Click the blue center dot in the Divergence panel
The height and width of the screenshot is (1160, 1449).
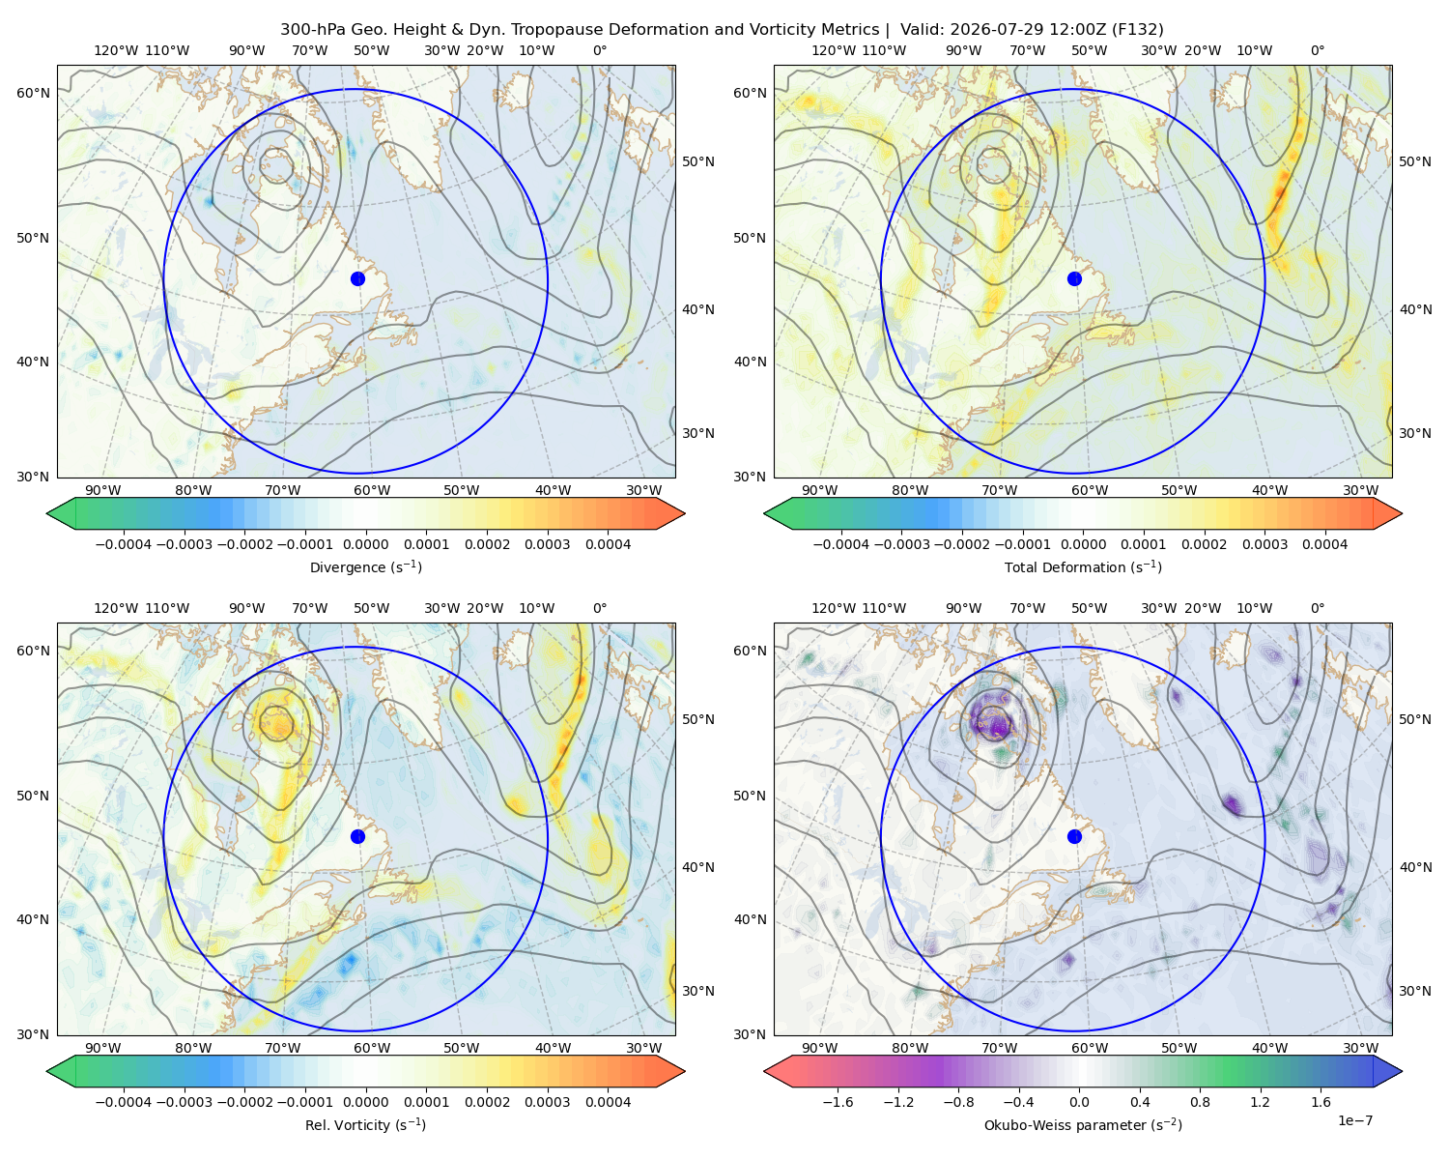pyautogui.click(x=357, y=278)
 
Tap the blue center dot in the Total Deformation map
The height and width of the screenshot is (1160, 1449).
pyautogui.click(x=1074, y=278)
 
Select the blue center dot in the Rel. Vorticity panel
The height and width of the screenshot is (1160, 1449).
pyautogui.click(x=357, y=836)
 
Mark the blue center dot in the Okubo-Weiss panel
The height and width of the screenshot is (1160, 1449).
pyautogui.click(x=1074, y=836)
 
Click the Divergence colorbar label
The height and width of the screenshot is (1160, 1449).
pyautogui.click(x=365, y=566)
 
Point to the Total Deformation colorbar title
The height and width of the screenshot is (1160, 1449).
pyautogui.click(x=1083, y=566)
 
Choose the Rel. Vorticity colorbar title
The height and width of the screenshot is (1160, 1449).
pyautogui.click(x=365, y=1124)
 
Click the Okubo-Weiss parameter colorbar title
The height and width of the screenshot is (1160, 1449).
pyautogui.click(x=1083, y=1124)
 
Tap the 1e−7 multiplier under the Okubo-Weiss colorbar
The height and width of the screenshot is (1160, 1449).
pyautogui.click(x=1354, y=1120)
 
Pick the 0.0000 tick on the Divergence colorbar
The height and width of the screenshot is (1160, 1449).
pyautogui.click(x=365, y=544)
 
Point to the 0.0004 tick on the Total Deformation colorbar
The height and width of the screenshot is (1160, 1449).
pyautogui.click(x=1325, y=544)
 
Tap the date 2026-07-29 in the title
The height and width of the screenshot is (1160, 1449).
pyautogui.click(x=984, y=30)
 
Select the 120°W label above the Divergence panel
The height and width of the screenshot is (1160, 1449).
pyautogui.click(x=116, y=50)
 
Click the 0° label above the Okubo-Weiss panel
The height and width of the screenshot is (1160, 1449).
pyautogui.click(x=1317, y=608)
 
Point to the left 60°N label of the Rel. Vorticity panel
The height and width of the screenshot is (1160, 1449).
pyautogui.click(x=33, y=651)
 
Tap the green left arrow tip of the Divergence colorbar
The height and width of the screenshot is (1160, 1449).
pyautogui.click(x=47, y=513)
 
